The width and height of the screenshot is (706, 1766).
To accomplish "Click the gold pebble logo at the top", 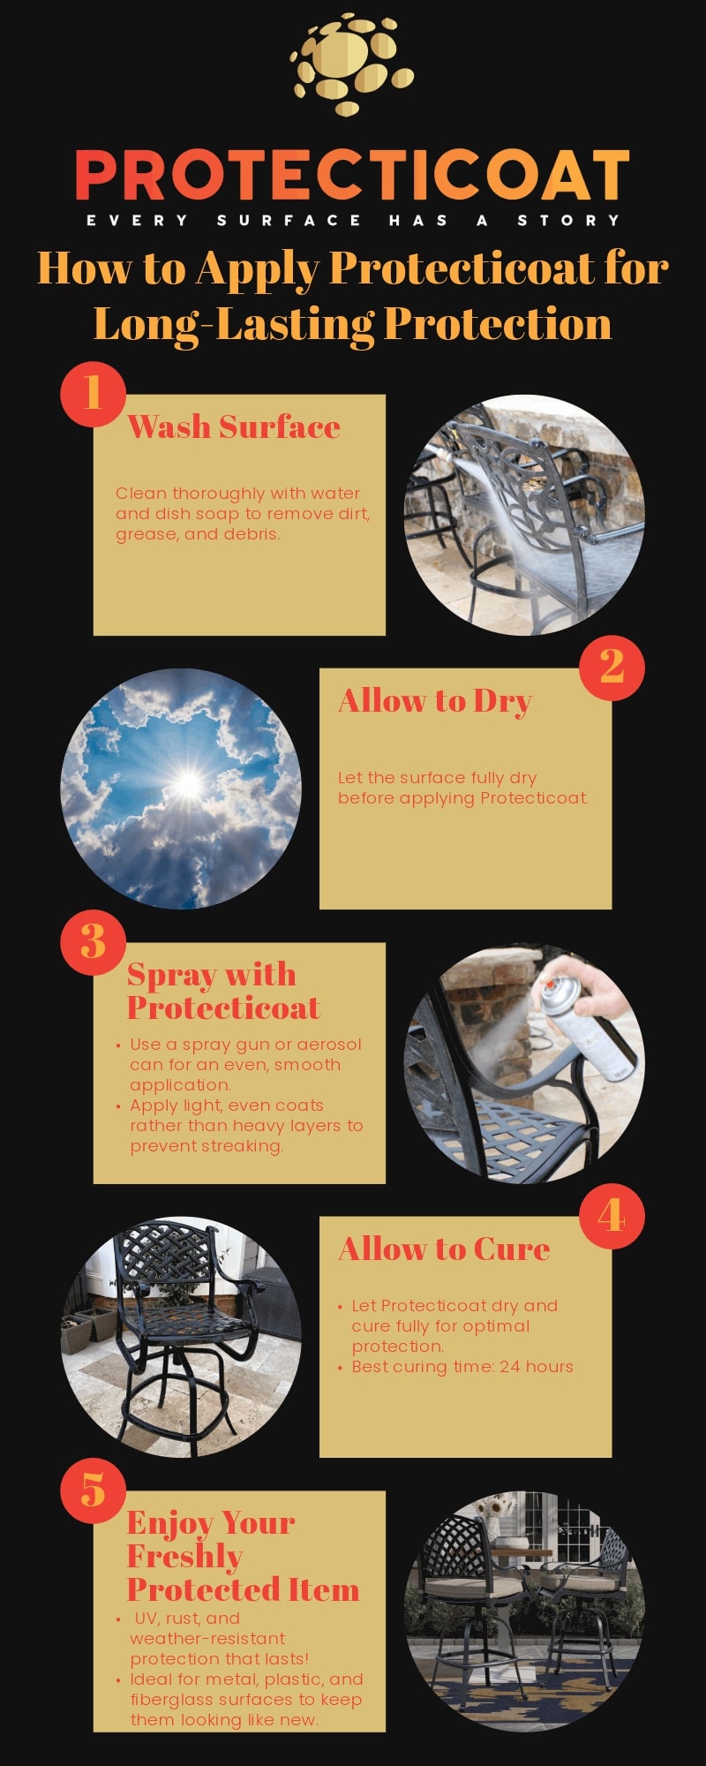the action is (x=352, y=64).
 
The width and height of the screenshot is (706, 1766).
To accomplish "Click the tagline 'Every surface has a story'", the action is (x=353, y=220).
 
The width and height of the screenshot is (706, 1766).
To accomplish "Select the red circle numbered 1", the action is (x=93, y=394).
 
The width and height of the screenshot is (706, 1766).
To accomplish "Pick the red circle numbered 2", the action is (x=612, y=668).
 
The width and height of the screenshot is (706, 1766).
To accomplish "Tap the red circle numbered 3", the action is (x=93, y=942).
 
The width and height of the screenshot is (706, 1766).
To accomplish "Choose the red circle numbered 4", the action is (x=612, y=1216).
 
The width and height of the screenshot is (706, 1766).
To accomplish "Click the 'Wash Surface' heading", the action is (x=234, y=426).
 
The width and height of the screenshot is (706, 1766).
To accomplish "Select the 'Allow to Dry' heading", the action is (x=435, y=702).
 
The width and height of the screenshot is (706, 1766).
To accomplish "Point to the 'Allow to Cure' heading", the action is (x=444, y=1249).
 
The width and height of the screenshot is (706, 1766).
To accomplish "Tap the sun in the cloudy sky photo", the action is (x=188, y=783).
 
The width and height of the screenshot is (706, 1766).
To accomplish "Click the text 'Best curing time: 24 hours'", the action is (x=462, y=1367).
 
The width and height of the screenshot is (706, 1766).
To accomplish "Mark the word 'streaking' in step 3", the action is (x=243, y=1147).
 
